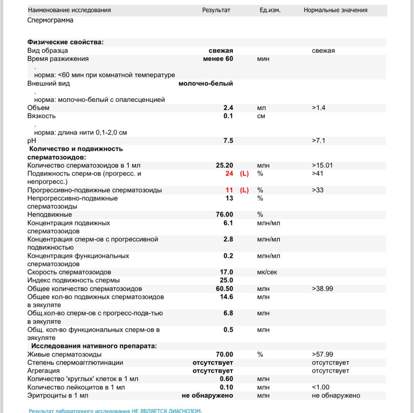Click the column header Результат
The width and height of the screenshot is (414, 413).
(216, 10)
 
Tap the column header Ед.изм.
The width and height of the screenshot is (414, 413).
(270, 10)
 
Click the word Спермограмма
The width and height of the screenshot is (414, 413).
(51, 20)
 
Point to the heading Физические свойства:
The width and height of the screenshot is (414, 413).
(65, 42)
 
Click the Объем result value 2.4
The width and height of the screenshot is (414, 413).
(228, 108)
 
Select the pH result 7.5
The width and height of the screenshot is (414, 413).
(228, 141)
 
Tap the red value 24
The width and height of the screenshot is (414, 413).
(229, 174)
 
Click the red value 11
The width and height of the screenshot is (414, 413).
(229, 190)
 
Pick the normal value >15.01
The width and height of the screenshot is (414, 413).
(323, 165)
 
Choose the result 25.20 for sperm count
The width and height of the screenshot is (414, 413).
(224, 165)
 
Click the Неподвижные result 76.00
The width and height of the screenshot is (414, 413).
(224, 215)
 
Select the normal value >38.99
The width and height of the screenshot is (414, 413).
(323, 289)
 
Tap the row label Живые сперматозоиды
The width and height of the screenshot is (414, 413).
(64, 354)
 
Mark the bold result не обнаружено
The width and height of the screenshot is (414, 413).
(207, 396)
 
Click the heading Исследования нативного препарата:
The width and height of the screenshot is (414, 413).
(94, 346)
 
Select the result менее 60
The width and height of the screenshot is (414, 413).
(218, 59)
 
